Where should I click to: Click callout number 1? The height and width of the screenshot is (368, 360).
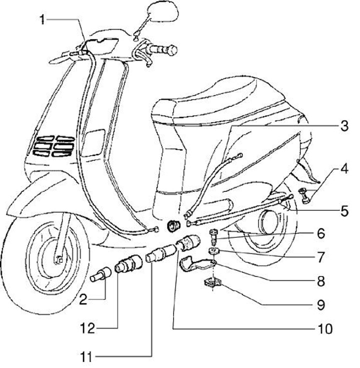43,20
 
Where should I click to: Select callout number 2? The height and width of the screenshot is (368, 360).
84,300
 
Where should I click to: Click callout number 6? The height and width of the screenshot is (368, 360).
333,233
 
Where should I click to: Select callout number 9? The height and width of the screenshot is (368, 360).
333,304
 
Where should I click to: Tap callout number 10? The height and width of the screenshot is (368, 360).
324,329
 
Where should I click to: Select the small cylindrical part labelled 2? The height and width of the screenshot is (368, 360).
101,275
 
